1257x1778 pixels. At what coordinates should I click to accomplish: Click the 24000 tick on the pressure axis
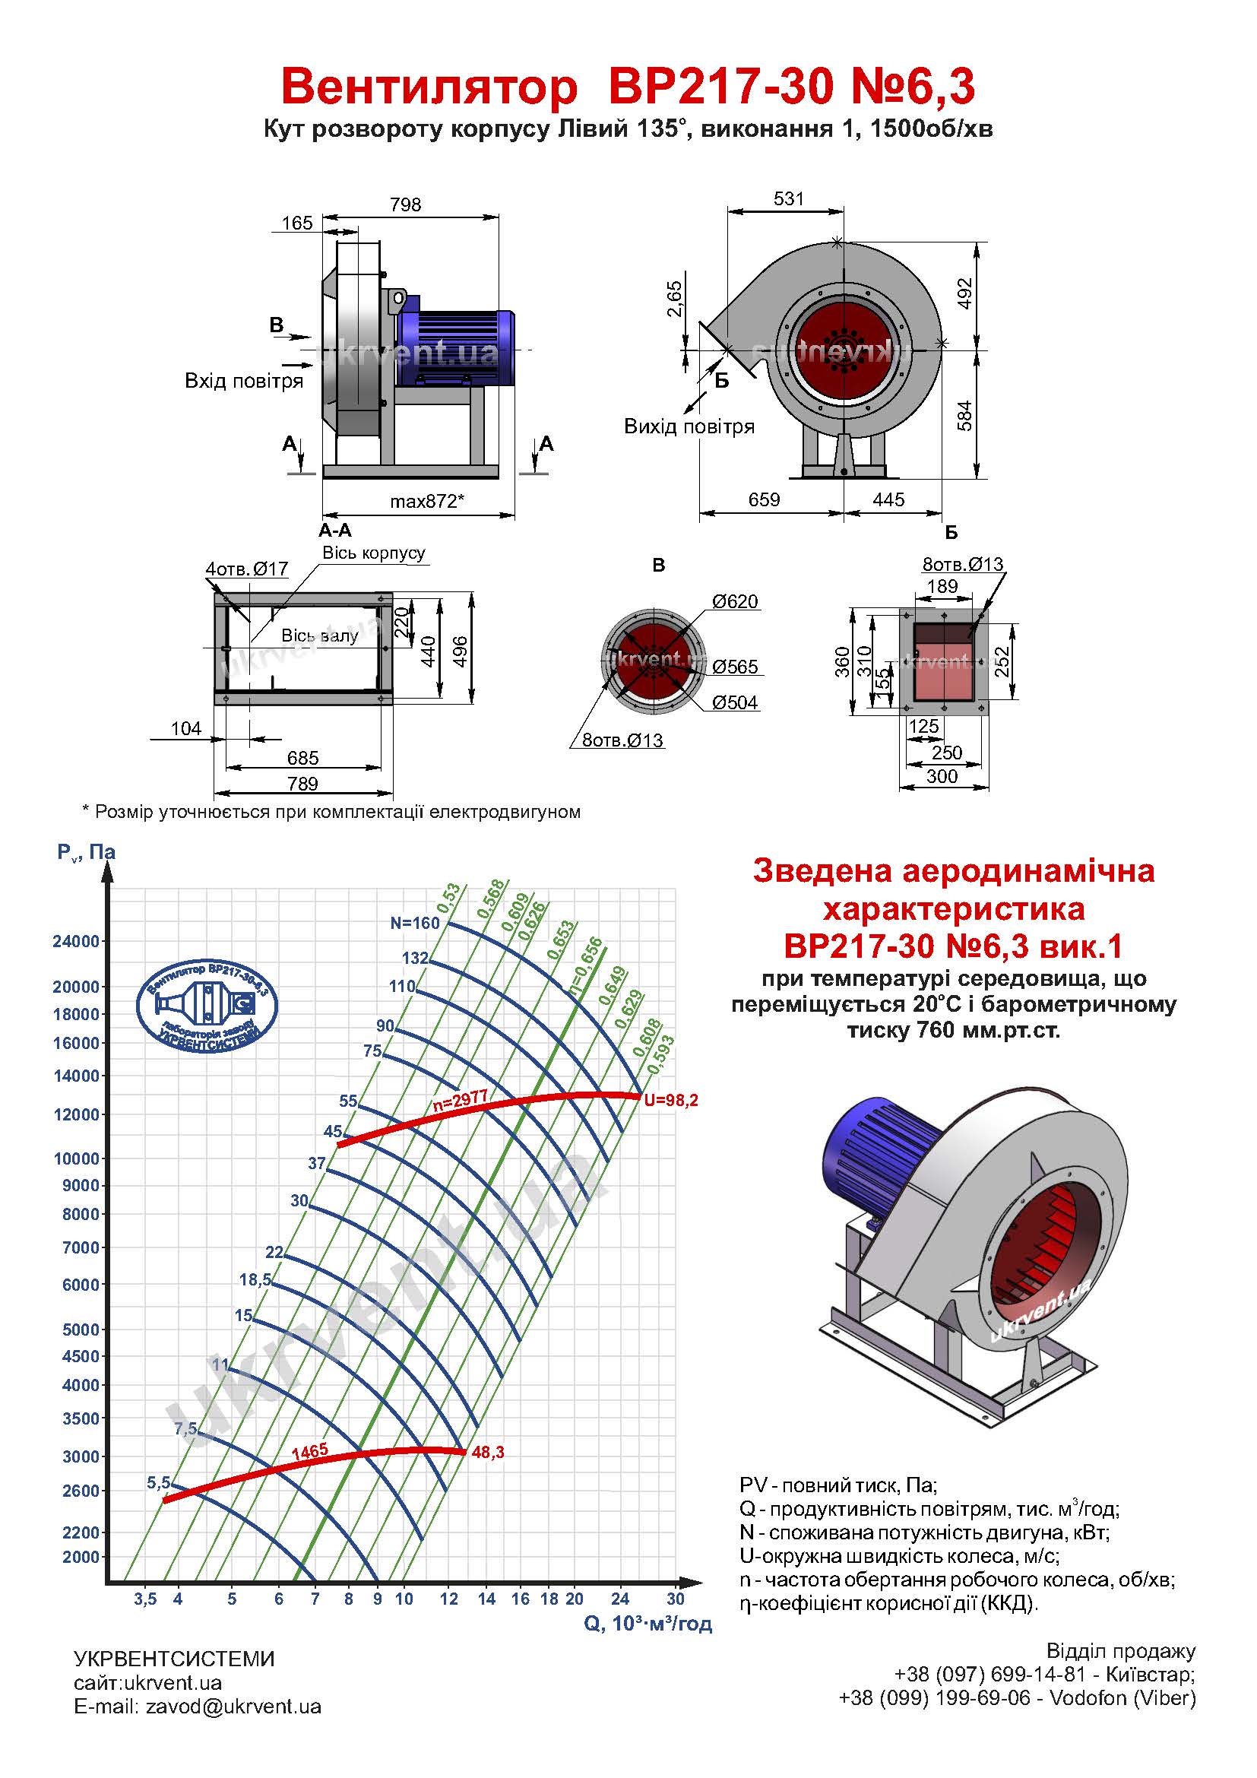click(x=76, y=942)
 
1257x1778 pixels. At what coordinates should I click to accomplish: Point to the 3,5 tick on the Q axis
click(x=144, y=1599)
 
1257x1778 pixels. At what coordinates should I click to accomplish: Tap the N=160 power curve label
click(x=415, y=922)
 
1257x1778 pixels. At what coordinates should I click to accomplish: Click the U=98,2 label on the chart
click(x=670, y=1100)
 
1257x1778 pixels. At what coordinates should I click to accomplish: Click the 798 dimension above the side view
click(x=406, y=204)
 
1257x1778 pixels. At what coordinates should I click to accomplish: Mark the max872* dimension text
click(x=426, y=501)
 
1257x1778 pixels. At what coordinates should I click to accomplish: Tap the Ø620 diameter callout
click(x=736, y=602)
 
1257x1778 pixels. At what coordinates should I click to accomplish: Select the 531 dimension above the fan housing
click(x=789, y=198)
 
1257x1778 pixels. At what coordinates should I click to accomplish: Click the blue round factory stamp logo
click(x=207, y=1006)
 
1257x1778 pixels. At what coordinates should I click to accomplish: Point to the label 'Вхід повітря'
click(x=244, y=381)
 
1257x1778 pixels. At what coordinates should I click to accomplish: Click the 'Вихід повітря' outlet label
click(x=689, y=426)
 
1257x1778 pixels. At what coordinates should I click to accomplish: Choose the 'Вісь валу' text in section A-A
click(x=320, y=635)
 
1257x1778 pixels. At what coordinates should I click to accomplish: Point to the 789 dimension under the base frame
click(x=302, y=784)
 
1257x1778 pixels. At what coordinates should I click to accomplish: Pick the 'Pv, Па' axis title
click(x=86, y=853)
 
